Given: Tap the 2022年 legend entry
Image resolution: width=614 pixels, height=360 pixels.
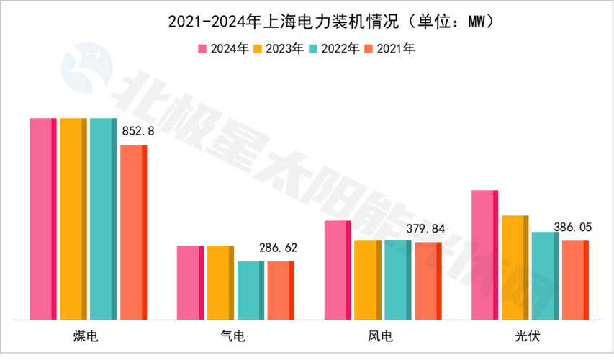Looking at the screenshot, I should pyautogui.click(x=334, y=49).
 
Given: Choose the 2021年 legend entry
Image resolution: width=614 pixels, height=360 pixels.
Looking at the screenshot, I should pyautogui.click(x=389, y=49).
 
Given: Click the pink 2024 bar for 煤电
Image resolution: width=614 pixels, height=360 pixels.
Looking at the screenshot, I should pyautogui.click(x=42, y=218).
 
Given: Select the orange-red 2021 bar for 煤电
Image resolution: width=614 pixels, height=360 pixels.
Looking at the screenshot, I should pyautogui.click(x=133, y=232).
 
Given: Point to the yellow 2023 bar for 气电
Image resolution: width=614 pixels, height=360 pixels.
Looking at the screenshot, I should pyautogui.click(x=220, y=282).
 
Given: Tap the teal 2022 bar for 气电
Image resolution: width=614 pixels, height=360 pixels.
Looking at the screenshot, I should pyautogui.click(x=250, y=290).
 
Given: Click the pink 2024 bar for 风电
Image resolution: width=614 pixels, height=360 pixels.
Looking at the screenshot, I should pyautogui.click(x=338, y=270).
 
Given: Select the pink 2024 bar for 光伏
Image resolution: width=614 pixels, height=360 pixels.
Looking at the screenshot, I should pyautogui.click(x=484, y=255).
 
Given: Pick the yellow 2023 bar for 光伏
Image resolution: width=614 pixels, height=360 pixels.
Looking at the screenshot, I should pyautogui.click(x=515, y=267).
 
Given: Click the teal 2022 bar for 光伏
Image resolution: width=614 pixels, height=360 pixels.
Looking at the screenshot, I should pyautogui.click(x=545, y=276).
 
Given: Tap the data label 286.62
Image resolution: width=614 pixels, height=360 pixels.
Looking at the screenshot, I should pyautogui.click(x=277, y=248).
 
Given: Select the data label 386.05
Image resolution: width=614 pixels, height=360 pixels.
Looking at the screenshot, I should pyautogui.click(x=573, y=228).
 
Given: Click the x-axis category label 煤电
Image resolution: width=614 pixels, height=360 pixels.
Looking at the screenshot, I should pyautogui.click(x=88, y=337).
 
